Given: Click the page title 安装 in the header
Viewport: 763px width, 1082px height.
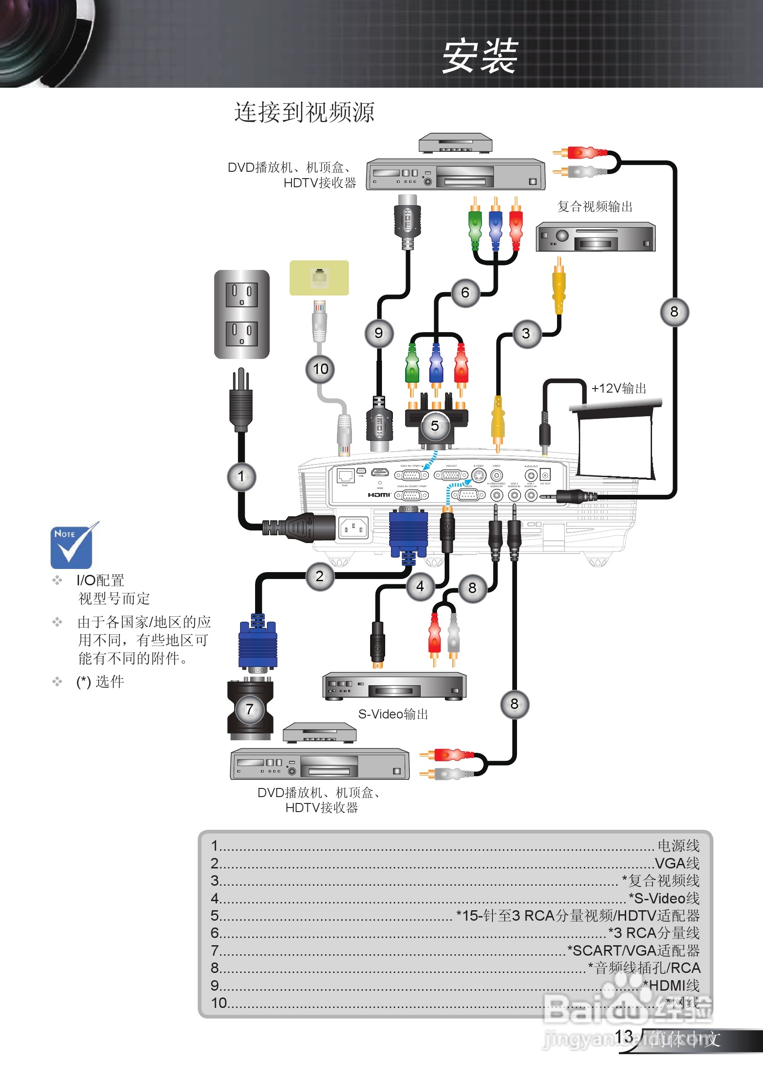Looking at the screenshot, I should point(480,56).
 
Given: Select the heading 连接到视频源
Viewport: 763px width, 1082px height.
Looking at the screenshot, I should point(304,112).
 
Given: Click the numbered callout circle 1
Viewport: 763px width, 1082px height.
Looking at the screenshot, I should point(241,476).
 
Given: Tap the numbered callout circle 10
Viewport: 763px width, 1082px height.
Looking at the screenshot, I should point(320,369).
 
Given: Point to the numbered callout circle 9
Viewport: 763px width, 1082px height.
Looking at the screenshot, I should point(379,333).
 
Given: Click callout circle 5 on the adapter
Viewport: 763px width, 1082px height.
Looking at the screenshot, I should point(435,425).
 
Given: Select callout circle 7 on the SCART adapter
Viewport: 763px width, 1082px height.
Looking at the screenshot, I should point(250,709).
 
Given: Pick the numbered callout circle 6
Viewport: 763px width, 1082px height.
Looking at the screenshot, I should point(465,293).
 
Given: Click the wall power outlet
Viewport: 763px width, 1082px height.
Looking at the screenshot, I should point(241,314).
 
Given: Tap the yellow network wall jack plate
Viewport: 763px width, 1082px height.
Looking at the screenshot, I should point(319,278).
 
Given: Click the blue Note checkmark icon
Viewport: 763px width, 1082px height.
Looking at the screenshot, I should point(72,547).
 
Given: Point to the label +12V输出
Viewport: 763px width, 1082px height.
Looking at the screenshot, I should point(618,389).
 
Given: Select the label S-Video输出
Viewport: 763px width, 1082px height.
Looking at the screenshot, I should point(393,714).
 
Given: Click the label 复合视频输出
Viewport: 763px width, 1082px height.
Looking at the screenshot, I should point(595,206).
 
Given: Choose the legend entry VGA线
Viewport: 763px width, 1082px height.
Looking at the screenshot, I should point(677,863).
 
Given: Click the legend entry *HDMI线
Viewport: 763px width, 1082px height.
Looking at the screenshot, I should point(672,985).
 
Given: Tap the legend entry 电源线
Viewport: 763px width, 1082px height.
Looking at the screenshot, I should point(678,845).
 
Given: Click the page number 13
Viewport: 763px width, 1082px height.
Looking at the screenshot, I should point(623,1036).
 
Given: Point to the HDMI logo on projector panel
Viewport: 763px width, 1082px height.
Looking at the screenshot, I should point(379,495).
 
